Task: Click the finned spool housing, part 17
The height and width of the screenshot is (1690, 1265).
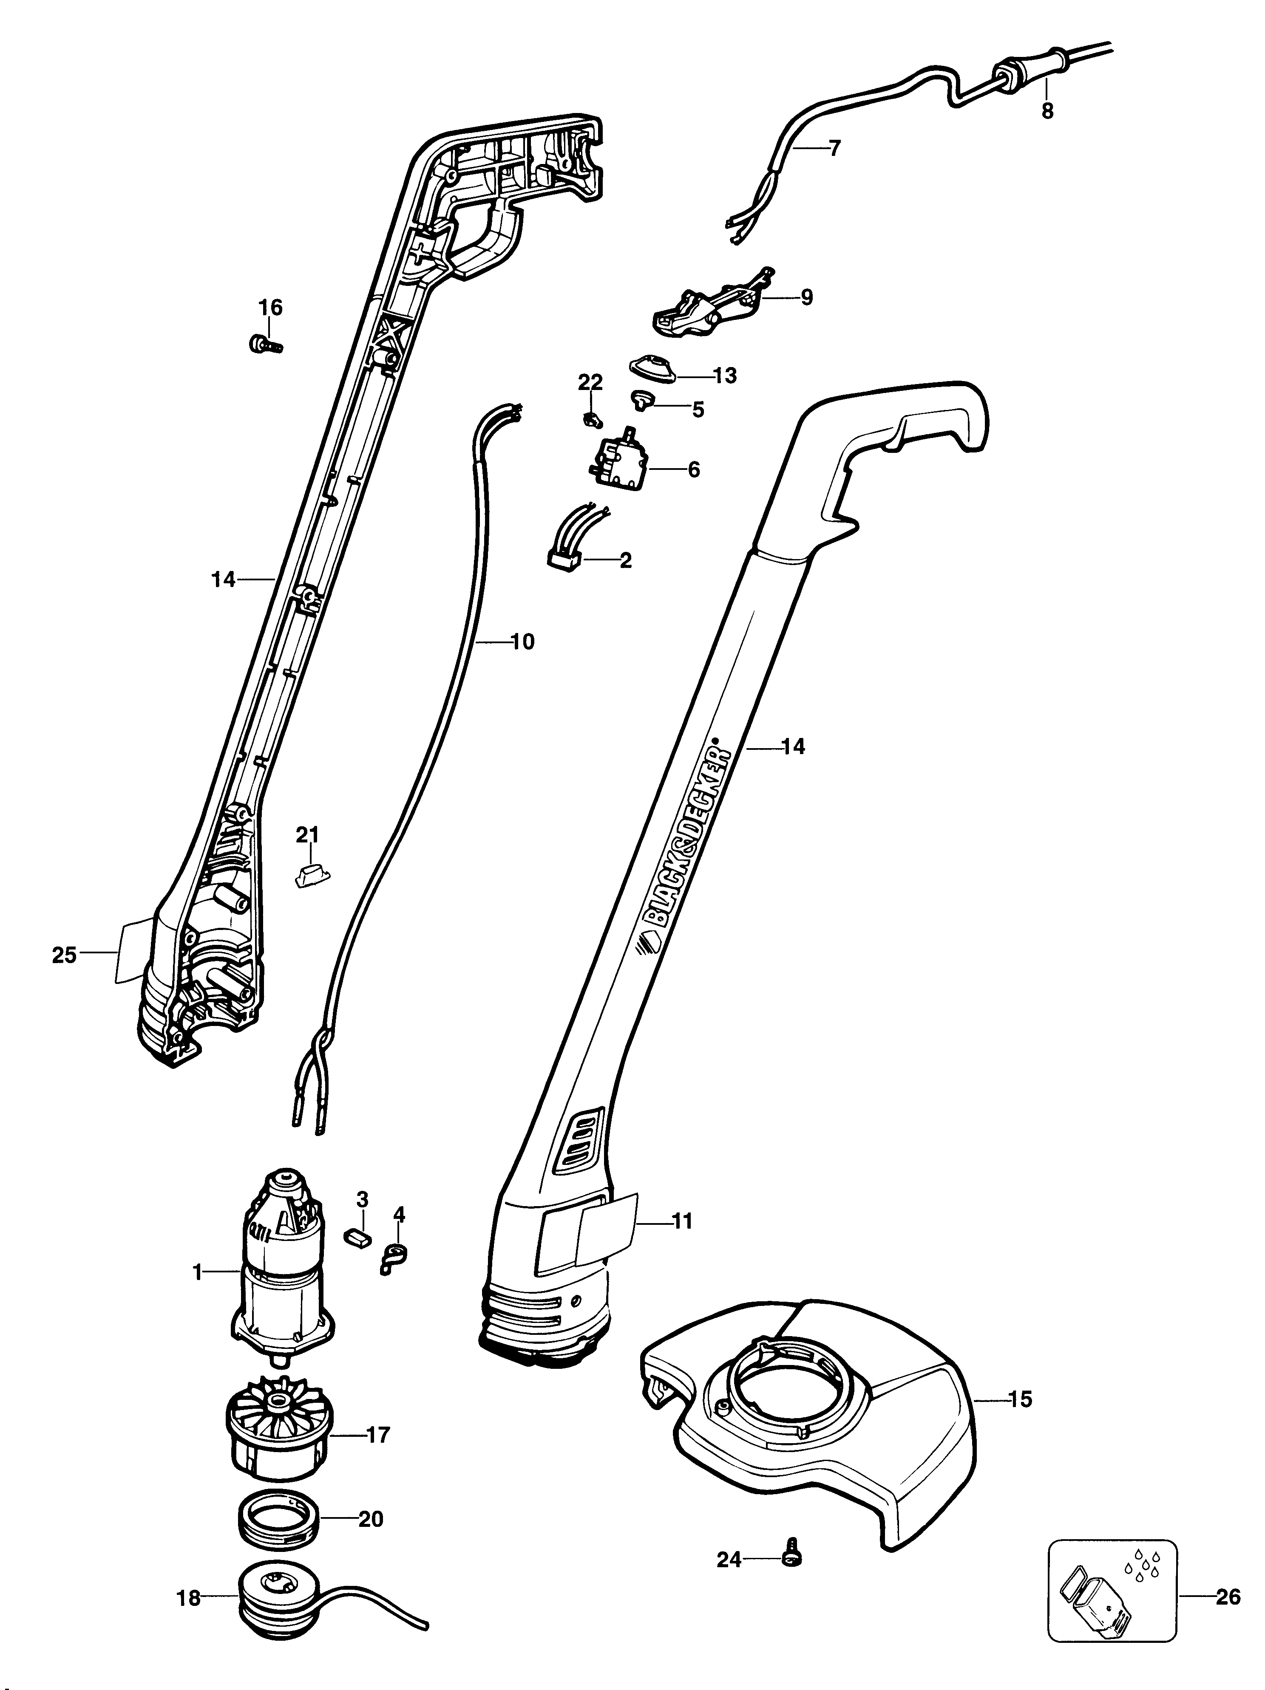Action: coord(275,1436)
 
